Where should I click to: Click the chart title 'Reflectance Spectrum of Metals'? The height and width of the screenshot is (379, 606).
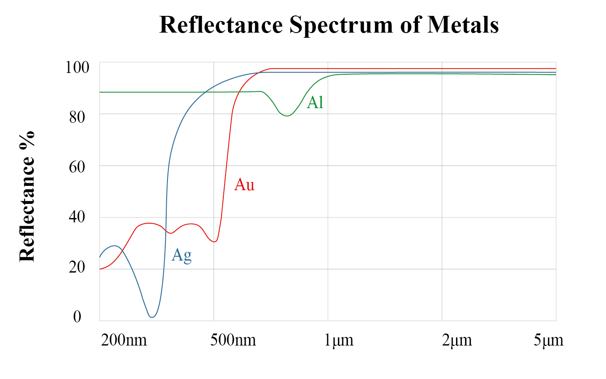[329, 24]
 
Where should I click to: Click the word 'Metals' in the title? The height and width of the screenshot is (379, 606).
[463, 24]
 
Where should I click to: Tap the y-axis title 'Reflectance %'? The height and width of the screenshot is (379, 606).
[27, 196]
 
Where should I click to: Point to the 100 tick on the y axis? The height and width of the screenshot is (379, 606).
[77, 67]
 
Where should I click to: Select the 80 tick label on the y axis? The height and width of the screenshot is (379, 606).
[77, 117]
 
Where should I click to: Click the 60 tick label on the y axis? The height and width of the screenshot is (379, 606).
[77, 167]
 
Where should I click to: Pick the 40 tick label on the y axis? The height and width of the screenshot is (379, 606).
[77, 217]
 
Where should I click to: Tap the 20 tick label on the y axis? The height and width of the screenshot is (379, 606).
[77, 267]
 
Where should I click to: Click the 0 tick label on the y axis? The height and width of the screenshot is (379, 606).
[77, 317]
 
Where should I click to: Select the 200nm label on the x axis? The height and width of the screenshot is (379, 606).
[124, 340]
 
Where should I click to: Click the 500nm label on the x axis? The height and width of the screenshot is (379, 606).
[233, 340]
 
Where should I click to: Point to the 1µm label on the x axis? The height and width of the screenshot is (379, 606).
[338, 340]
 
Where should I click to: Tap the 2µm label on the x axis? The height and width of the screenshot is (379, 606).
[457, 340]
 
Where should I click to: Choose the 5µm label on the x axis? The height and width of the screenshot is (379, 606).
[548, 340]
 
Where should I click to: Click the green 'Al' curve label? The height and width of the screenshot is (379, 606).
[315, 103]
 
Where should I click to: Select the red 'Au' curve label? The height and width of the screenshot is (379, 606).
[244, 185]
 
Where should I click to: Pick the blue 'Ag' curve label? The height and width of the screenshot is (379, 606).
[181, 255]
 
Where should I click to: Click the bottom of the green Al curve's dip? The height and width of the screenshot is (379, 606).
[287, 116]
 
